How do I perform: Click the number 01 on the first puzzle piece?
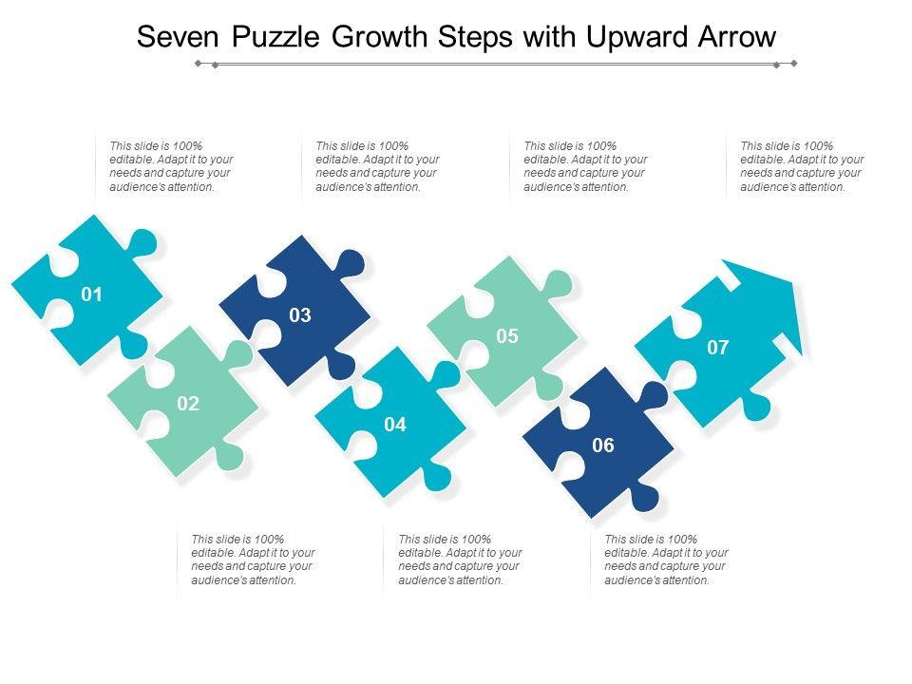91,294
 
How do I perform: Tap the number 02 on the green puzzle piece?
188,404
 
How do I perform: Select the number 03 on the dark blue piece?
300,315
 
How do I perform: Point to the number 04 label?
395,425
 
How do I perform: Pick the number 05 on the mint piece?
507,336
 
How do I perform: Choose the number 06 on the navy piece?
603,446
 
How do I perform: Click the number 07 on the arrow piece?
718,348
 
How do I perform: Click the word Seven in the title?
178,37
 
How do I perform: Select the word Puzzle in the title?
275,38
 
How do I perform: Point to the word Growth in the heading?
380,37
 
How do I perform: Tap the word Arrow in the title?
737,37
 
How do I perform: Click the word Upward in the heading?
636,38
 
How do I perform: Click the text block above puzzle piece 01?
172,166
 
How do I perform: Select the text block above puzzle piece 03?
377,166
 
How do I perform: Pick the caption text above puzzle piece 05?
586,166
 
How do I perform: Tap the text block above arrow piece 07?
802,166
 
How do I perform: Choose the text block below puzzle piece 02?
253,560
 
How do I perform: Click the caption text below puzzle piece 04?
460,560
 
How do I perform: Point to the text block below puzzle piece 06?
666,560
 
